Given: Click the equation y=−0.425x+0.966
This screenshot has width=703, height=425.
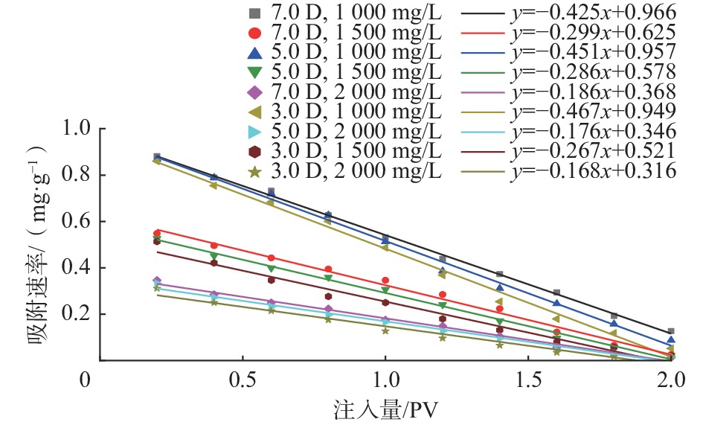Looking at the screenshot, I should coord(593,12).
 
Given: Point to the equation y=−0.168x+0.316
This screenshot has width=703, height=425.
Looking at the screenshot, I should coord(593,171).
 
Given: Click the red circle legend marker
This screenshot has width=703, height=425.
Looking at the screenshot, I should coord(255,33).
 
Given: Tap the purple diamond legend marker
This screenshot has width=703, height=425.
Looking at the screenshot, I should coord(255,92).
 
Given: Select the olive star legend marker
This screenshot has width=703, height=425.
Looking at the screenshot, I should coord(255,172).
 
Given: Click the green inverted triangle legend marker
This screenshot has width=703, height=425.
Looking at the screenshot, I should coord(255,72).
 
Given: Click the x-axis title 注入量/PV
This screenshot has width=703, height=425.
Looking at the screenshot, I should coord(383,409).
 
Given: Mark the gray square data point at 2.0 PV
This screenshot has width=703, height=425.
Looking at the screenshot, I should coord(671,331).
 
